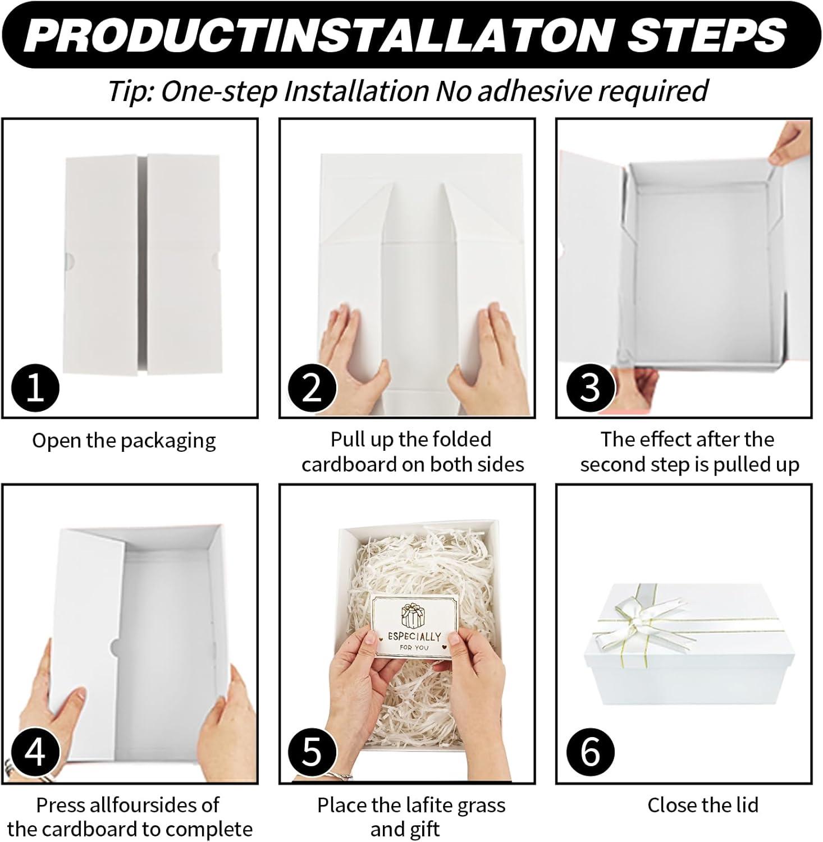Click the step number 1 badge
point(35,387)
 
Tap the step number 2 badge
point(312,387)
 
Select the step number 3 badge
point(589,387)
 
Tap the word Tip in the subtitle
point(131,91)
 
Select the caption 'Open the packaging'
point(124,441)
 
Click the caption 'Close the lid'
point(702,805)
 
